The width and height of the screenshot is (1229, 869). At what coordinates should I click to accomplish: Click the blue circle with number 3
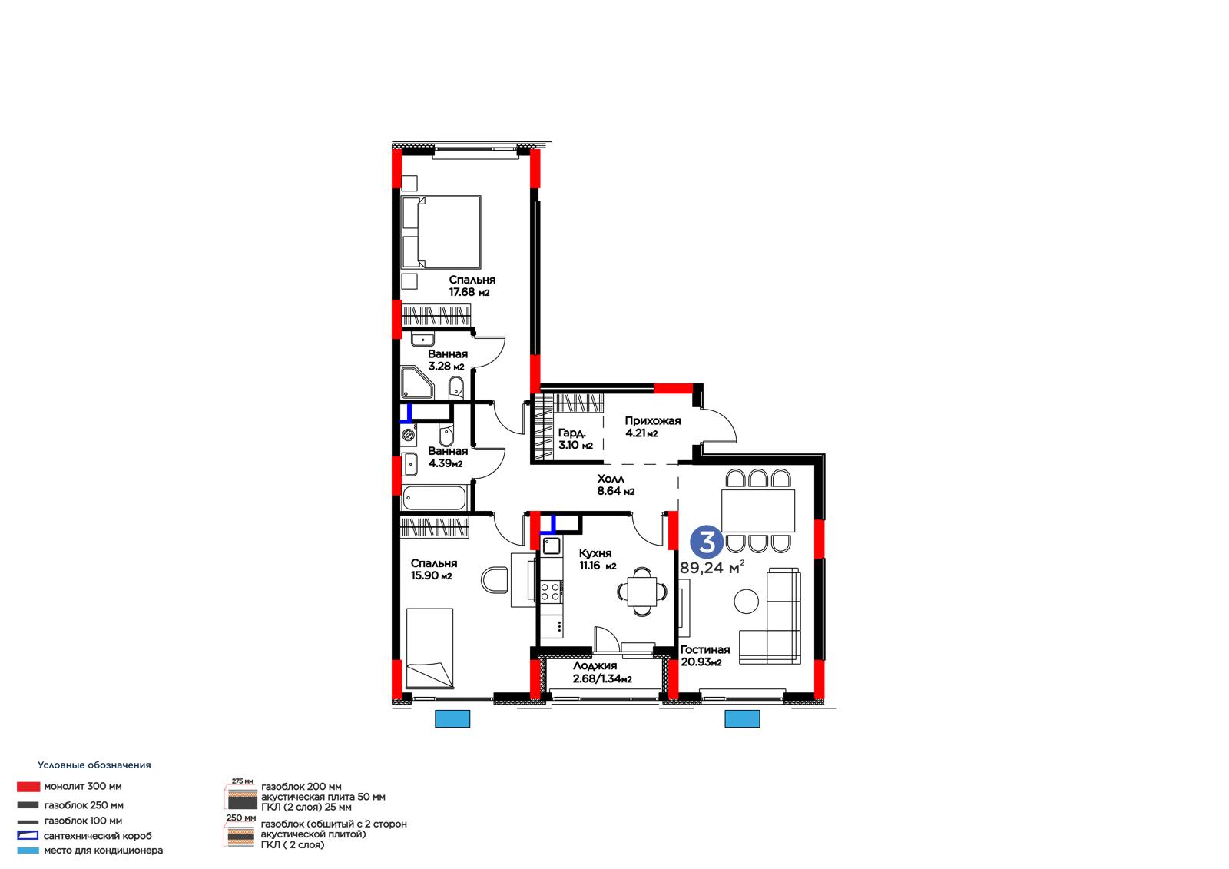pos(707,541)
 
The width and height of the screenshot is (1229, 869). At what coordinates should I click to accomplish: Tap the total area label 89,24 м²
pos(712,567)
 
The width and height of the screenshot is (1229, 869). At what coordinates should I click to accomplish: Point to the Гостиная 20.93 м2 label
pos(705,655)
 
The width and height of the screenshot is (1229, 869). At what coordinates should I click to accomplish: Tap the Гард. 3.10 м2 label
pos(575,439)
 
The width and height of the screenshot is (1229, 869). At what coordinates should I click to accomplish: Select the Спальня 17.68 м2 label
pos(472,286)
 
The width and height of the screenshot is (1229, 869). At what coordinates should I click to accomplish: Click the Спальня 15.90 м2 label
pos(433,569)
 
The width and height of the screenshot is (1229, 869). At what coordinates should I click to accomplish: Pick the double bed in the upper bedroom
pos(441,232)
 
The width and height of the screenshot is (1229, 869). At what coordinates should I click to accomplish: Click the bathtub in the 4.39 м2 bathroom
pos(434,499)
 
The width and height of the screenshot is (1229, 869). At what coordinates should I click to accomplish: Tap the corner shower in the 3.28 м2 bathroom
pos(417,383)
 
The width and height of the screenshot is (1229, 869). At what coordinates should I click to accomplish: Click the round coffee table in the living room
pos(746,601)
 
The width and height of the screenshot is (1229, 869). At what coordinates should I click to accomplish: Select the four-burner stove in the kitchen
pos(550,591)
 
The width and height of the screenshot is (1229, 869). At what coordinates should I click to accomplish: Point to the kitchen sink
pos(552,546)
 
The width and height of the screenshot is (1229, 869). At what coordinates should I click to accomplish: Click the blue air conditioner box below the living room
pos(742,718)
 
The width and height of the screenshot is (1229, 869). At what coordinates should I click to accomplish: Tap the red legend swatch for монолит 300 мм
pos(28,787)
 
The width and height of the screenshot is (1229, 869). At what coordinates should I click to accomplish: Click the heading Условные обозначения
pos(94,765)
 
